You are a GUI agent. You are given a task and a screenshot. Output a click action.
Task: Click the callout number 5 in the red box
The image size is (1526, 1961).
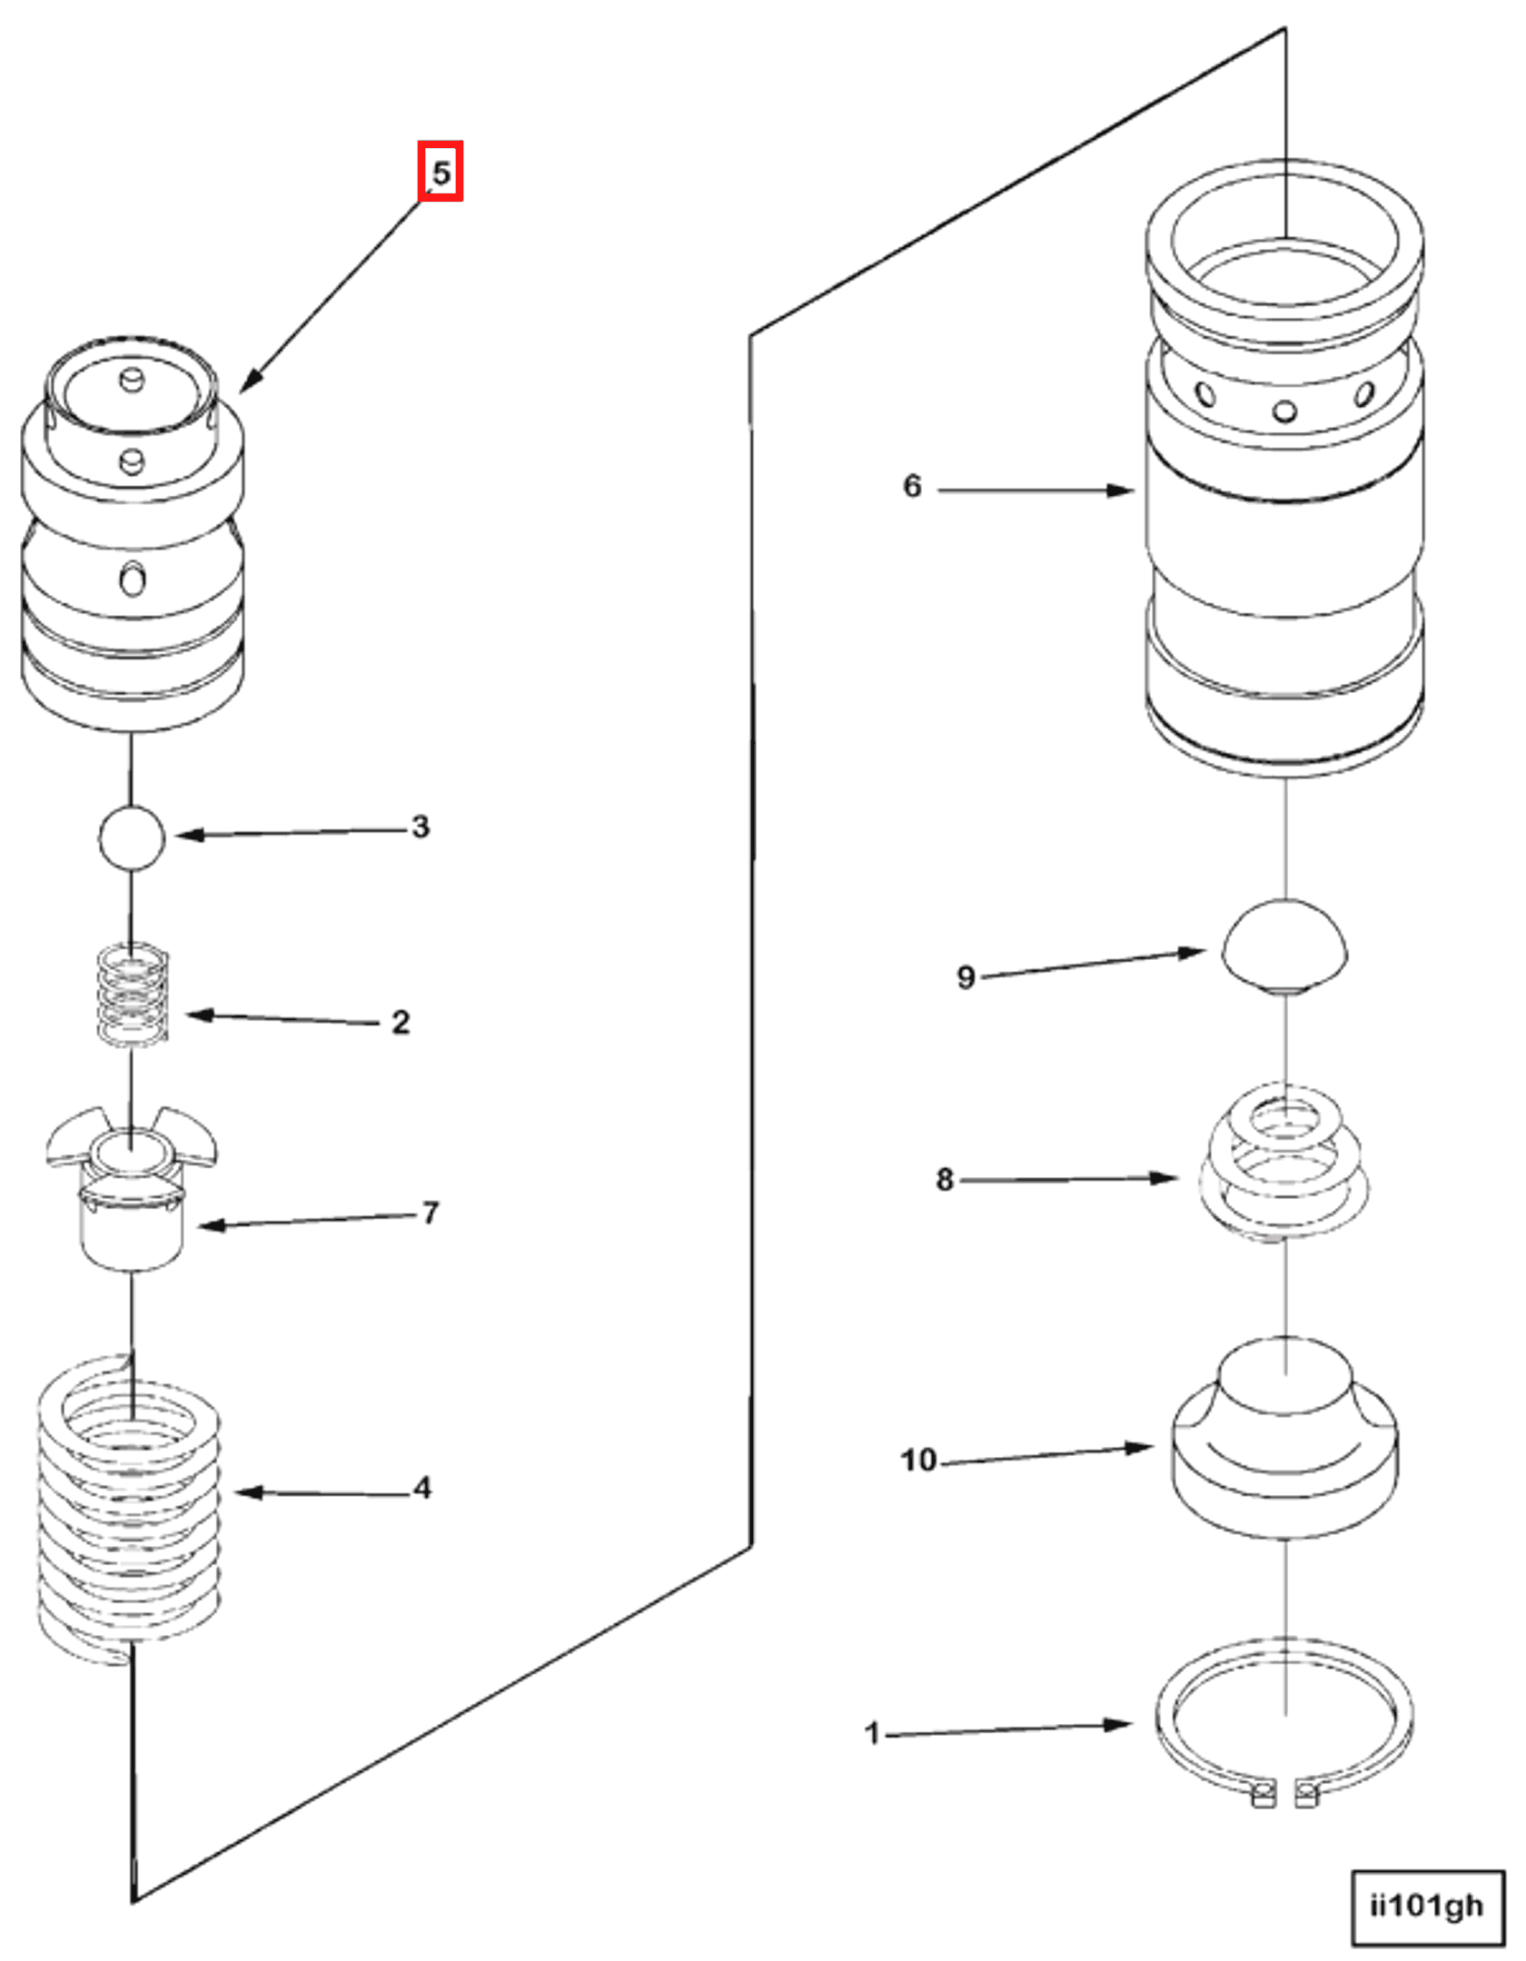pyautogui.click(x=441, y=172)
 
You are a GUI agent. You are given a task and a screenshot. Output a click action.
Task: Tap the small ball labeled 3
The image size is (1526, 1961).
pyautogui.click(x=132, y=837)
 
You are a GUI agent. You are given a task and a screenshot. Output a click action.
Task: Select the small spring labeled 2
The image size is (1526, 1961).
pyautogui.click(x=134, y=994)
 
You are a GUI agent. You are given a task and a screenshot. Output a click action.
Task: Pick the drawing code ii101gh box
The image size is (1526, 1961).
pyautogui.click(x=1427, y=1906)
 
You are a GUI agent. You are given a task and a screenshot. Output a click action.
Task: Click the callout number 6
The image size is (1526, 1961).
pyautogui.click(x=912, y=486)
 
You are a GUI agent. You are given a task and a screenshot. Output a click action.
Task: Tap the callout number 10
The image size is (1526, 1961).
pyautogui.click(x=917, y=1460)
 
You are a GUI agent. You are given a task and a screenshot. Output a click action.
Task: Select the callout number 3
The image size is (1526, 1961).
pyautogui.click(x=420, y=827)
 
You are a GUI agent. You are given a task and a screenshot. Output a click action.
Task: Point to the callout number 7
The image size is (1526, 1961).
pyautogui.click(x=430, y=1213)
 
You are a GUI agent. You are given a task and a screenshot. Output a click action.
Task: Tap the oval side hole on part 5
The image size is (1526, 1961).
pyautogui.click(x=133, y=579)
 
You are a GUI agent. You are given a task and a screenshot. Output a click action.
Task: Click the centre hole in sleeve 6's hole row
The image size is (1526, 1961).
pyautogui.click(x=1284, y=411)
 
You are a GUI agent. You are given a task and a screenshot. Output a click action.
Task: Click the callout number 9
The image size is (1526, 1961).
pyautogui.click(x=966, y=977)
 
